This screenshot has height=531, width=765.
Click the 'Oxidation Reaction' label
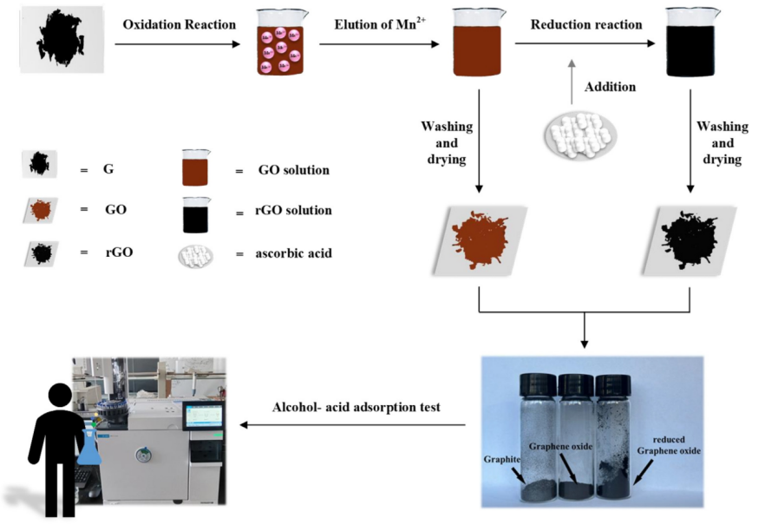point(179,24)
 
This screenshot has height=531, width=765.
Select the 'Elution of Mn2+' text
point(375,24)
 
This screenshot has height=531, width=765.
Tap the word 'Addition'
point(610,88)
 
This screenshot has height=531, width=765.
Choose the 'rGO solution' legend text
point(295,211)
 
